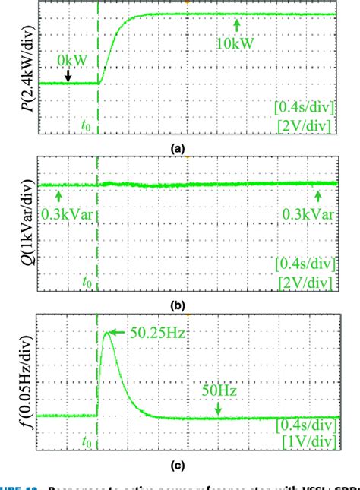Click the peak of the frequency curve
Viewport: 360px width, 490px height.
pos(105,332)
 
